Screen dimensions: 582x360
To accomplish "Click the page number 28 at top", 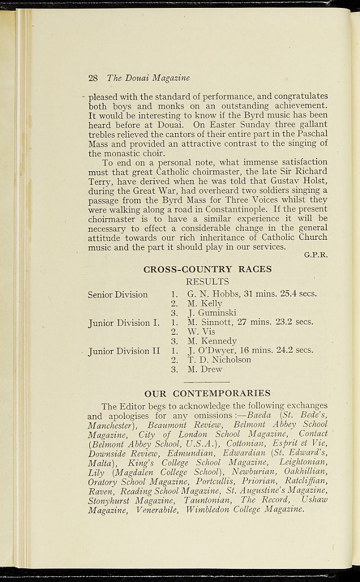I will click(x=93, y=78).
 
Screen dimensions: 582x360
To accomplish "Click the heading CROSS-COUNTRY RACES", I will click(x=208, y=269).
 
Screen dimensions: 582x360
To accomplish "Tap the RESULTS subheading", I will click(x=208, y=281).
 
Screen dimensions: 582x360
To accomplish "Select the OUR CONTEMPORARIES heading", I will click(x=208, y=393).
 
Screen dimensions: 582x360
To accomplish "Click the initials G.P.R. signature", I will click(x=316, y=255).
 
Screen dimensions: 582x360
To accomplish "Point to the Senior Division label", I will click(x=118, y=294).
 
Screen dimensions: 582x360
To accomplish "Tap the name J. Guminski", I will click(x=212, y=313).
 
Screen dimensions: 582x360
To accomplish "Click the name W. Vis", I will click(x=201, y=331).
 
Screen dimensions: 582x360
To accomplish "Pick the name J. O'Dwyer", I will click(x=213, y=350).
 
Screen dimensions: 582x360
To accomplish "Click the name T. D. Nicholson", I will click(x=219, y=360).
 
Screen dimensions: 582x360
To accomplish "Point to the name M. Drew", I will click(x=205, y=369).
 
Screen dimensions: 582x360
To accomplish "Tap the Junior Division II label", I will click(x=125, y=351).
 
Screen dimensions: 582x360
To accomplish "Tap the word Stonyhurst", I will click(x=108, y=501).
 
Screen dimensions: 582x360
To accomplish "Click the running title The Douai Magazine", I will click(x=148, y=78).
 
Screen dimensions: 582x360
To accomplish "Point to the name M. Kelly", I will click(x=205, y=304).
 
